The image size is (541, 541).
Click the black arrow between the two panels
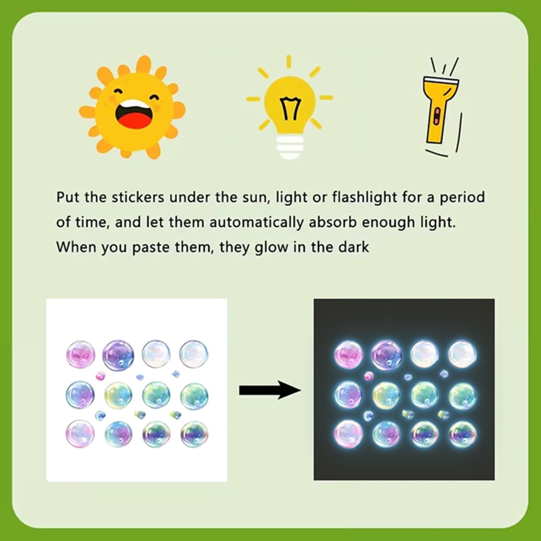(x=270, y=390)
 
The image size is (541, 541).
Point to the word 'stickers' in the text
(x=138, y=197)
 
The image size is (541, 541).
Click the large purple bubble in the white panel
(x=118, y=355)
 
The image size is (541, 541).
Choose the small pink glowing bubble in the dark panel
(x=369, y=376)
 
